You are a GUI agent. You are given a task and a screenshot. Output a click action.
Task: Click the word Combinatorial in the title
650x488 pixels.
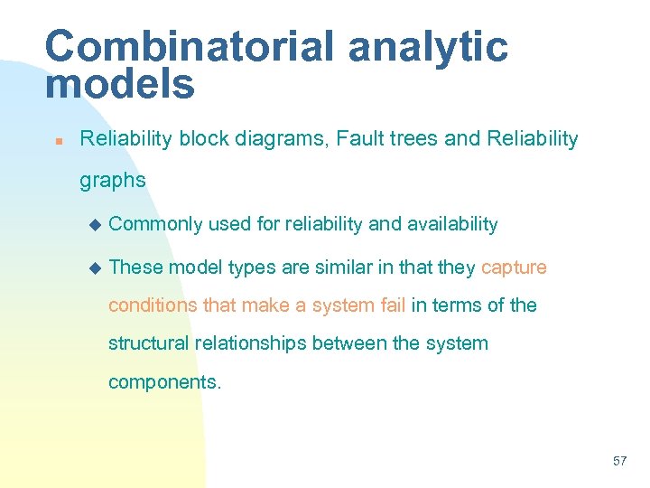click(x=188, y=47)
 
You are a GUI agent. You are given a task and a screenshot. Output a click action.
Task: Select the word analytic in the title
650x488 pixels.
click(x=428, y=47)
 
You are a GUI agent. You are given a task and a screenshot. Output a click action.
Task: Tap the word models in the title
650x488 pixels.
click(x=119, y=85)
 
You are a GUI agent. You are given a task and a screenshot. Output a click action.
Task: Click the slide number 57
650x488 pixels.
click(x=619, y=461)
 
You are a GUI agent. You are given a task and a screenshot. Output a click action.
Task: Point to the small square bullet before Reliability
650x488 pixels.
click(x=56, y=141)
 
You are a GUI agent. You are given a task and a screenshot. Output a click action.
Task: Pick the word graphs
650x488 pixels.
click(x=112, y=181)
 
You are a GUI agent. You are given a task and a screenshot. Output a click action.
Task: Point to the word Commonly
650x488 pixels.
click(x=154, y=224)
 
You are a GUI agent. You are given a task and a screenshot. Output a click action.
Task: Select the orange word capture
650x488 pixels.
click(x=514, y=267)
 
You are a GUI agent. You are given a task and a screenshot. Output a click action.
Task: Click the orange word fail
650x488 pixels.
click(x=392, y=305)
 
